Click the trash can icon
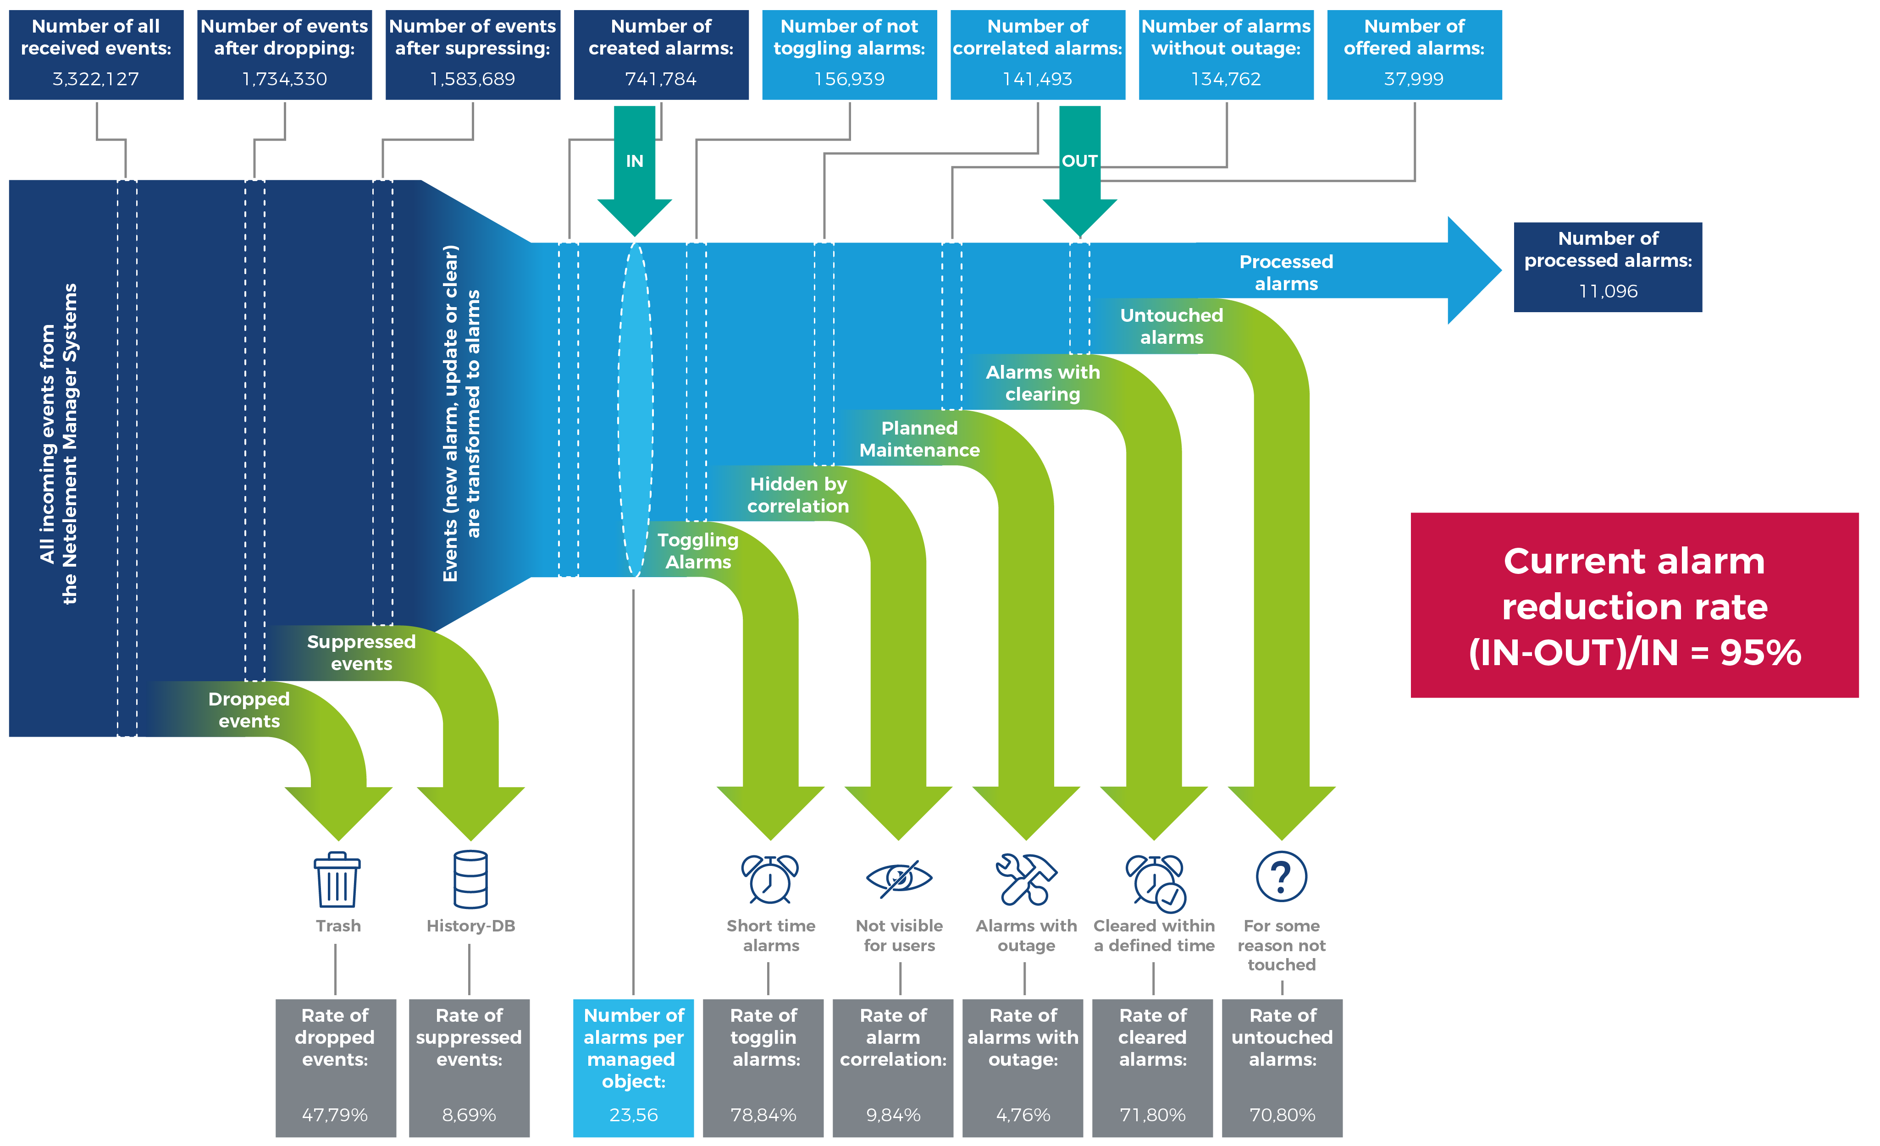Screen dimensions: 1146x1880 tap(337, 880)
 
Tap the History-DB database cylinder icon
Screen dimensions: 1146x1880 tap(470, 880)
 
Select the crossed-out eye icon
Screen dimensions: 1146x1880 tap(899, 878)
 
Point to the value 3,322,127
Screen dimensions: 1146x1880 tap(96, 79)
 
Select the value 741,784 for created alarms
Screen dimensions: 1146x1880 tap(661, 79)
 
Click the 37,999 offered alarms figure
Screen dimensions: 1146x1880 tap(1414, 79)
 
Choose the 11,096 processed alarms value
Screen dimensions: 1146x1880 tap(1608, 292)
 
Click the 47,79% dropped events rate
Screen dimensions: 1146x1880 tap(335, 1115)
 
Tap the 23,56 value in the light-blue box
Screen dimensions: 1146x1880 tap(633, 1115)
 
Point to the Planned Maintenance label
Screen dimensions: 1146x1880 tap(919, 440)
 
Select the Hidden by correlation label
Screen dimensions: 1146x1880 tap(798, 495)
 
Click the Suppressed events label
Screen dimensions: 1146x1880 tap(361, 653)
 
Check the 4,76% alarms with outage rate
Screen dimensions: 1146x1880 tap(1023, 1115)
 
